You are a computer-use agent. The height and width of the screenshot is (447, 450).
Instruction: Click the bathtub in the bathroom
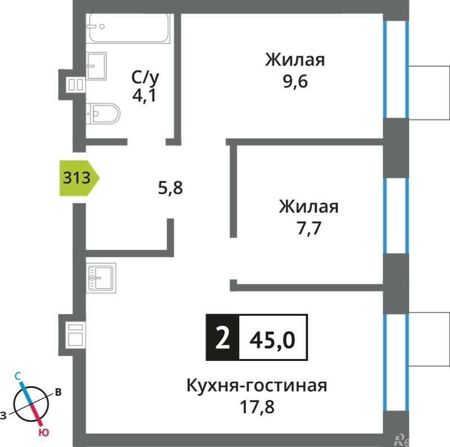(x=129, y=28)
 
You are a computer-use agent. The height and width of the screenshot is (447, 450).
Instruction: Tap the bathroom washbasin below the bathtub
(x=96, y=66)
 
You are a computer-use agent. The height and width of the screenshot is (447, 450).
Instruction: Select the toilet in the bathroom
(x=104, y=114)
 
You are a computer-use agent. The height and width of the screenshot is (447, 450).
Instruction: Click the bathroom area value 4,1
(x=143, y=94)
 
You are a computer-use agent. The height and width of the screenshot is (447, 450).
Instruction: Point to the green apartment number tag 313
(x=79, y=178)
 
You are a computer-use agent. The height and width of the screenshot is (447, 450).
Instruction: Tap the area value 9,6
(x=295, y=82)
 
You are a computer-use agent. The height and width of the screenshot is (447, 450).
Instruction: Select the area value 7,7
(x=308, y=228)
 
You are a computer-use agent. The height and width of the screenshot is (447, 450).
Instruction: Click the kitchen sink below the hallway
(x=101, y=278)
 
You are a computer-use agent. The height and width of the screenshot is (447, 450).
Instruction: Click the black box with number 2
(x=223, y=338)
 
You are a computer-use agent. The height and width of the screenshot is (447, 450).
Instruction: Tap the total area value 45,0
(x=272, y=338)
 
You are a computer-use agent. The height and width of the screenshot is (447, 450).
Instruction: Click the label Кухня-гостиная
(x=257, y=386)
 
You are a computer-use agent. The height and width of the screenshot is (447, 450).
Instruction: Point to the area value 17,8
(x=257, y=407)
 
